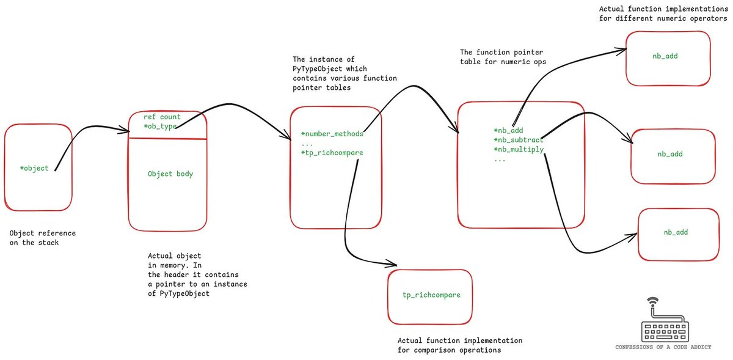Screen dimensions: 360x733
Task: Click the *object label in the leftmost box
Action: tap(34, 168)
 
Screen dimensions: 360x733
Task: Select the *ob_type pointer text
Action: tap(160, 127)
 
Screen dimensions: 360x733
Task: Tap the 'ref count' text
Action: tap(162, 117)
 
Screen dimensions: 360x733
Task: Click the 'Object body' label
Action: tap(170, 174)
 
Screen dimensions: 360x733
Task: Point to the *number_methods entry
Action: tap(332, 134)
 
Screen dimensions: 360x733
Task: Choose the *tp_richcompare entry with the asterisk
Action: tap(332, 153)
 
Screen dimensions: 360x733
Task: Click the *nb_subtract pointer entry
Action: tap(518, 140)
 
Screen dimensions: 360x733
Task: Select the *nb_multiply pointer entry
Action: tap(518, 150)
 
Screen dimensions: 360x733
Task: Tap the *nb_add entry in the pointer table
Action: tap(508, 130)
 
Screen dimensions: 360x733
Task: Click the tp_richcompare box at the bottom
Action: tap(431, 296)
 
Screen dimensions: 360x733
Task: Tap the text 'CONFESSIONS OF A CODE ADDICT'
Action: tap(665, 347)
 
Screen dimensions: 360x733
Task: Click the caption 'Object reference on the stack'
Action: tap(43, 238)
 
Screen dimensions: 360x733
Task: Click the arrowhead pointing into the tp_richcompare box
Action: tap(393, 265)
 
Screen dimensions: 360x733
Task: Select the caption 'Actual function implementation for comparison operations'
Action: tap(459, 345)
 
